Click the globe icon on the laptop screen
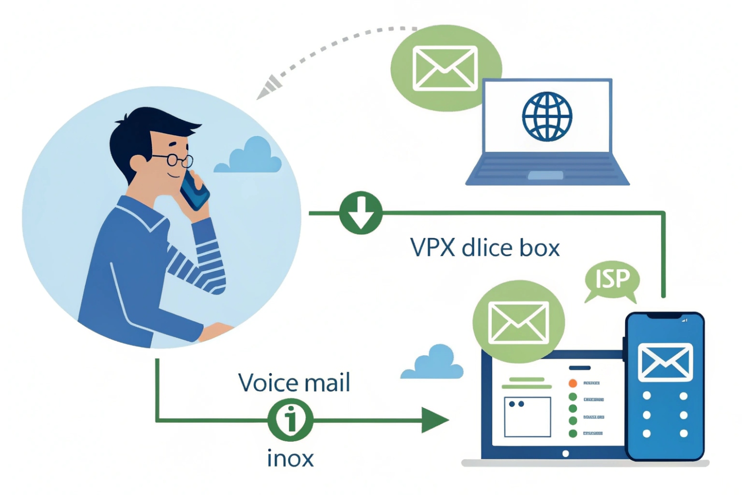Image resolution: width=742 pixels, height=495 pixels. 547,116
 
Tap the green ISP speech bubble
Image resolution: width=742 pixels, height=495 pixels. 612,279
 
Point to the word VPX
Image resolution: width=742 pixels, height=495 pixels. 433,247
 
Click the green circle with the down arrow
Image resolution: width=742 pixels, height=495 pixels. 361,212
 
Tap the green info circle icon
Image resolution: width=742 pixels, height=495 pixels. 290,420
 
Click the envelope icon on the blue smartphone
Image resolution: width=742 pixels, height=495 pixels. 665,362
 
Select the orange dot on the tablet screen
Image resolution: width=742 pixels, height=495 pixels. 573,383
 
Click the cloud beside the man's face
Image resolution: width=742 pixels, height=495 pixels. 249,157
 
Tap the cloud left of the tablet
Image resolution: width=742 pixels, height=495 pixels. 433,363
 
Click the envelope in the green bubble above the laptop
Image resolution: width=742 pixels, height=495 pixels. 445,68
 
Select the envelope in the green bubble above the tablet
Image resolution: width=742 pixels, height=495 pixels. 518,322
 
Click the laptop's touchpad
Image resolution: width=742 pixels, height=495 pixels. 546,175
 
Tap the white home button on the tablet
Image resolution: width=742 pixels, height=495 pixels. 565,454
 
